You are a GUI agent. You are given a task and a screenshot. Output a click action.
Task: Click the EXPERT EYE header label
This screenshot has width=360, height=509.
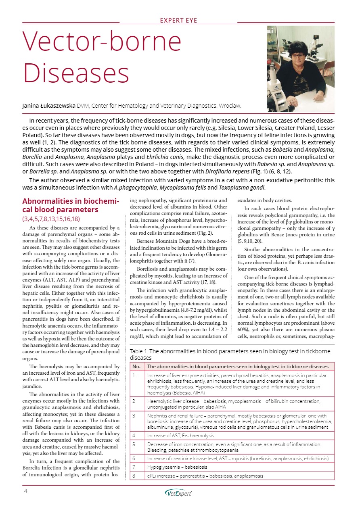(x=178, y=20)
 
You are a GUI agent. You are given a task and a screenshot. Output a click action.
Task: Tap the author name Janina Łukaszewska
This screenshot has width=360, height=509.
(x=48, y=106)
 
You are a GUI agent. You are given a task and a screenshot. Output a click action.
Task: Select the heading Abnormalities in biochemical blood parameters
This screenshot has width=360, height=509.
(x=71, y=205)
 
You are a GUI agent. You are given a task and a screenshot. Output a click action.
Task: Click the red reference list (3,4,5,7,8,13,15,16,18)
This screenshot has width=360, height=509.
(x=51, y=219)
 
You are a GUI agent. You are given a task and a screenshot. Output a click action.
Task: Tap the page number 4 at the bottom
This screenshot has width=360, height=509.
(x=25, y=491)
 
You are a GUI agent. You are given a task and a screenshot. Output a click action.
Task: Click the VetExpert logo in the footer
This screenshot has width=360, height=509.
(x=179, y=492)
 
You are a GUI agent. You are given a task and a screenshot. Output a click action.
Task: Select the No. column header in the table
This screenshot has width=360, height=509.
(x=137, y=367)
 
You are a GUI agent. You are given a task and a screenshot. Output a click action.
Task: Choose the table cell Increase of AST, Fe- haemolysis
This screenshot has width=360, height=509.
(x=180, y=436)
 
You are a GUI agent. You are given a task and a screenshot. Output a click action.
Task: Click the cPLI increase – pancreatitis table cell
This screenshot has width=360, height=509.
(x=205, y=476)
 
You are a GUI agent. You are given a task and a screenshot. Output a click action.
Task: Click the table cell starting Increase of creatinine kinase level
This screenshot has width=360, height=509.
(x=238, y=459)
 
